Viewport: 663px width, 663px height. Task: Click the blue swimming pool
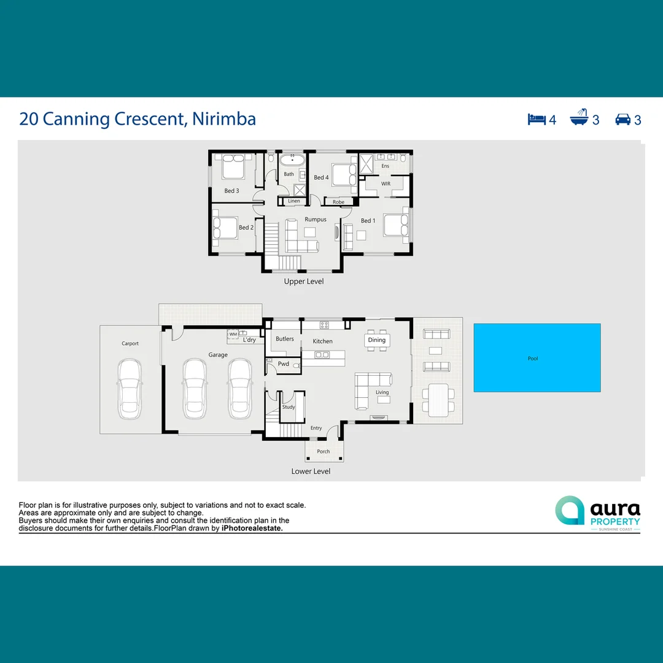(x=537, y=357)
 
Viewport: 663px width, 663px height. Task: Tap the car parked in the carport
(x=130, y=388)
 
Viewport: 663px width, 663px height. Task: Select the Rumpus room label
(x=316, y=219)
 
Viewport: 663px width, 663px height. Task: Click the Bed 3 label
(x=231, y=191)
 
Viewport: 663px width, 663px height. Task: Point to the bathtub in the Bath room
(x=293, y=161)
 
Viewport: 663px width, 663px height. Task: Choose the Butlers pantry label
(x=285, y=339)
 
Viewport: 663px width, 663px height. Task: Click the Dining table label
(x=377, y=340)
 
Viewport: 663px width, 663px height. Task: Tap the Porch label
(x=324, y=451)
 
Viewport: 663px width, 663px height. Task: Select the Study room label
(x=289, y=407)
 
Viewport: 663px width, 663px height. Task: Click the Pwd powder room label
(x=283, y=364)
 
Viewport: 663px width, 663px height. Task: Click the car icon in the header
(x=623, y=119)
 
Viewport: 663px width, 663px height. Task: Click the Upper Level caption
(x=303, y=281)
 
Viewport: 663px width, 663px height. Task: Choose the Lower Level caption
(x=311, y=471)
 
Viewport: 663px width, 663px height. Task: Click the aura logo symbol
(x=570, y=511)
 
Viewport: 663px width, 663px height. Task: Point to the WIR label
(x=386, y=184)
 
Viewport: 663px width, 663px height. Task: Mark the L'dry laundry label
(x=249, y=339)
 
